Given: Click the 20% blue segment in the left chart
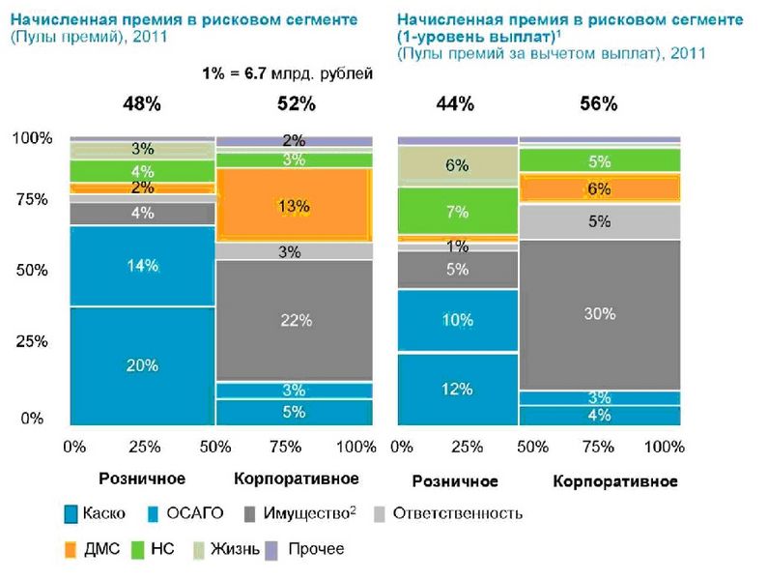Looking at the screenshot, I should point(142,365).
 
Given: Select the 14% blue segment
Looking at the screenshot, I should point(142,266).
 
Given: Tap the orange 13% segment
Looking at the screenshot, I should point(294,205).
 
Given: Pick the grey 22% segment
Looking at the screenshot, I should point(294,320).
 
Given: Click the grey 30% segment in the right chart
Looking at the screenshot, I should point(600,313).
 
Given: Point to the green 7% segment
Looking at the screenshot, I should point(458,212).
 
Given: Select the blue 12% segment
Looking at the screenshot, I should point(458,389).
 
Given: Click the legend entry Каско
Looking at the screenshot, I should point(95,513).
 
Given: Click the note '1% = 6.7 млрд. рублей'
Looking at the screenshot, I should point(287,72).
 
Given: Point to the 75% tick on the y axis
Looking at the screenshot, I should point(34,200).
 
